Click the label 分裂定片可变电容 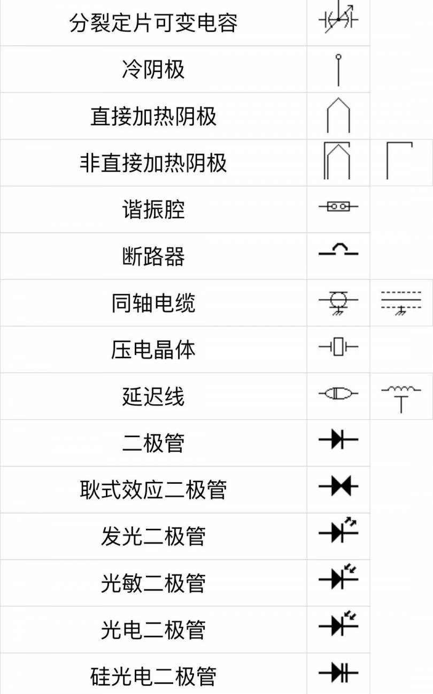153,23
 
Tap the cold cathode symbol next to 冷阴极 338,70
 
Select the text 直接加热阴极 153,116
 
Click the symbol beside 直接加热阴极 338,115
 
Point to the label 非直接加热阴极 153,163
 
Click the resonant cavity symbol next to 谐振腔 338,206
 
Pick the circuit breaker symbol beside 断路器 338,250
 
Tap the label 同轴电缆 153,303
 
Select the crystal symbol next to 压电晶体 338,346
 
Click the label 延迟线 153,396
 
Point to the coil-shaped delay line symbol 401,399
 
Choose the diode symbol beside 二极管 338,439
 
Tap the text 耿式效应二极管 153,490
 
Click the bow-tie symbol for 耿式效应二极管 338,486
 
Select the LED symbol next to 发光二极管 338,530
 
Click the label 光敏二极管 153,583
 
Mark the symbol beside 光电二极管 338,623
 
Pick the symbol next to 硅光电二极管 338,672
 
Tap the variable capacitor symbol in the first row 338,19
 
